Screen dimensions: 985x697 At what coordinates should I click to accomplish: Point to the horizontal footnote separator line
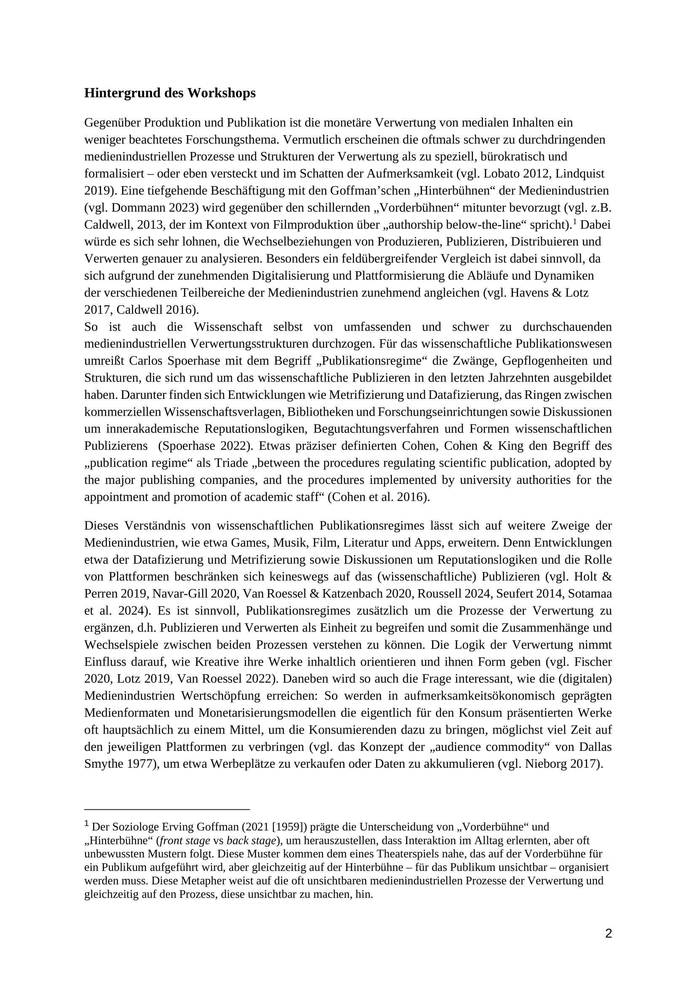click(x=167, y=809)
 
